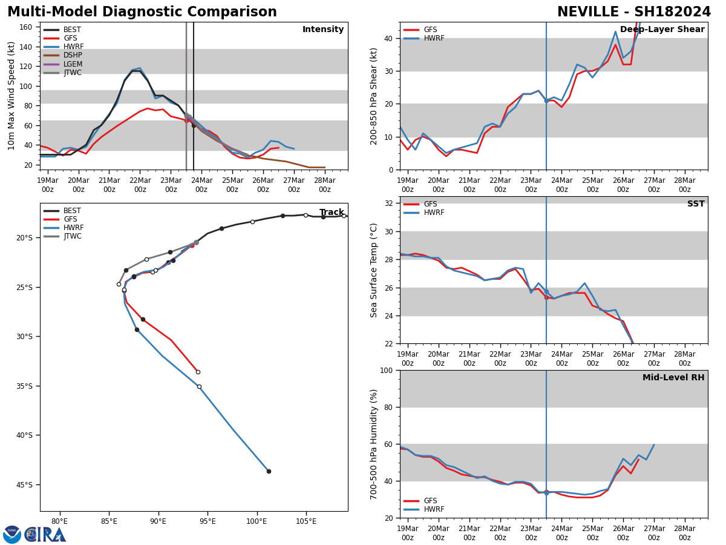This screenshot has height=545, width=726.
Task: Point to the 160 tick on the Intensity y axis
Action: [25, 27]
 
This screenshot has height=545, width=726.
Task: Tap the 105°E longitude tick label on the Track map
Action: [306, 521]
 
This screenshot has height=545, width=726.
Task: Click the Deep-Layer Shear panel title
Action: [662, 30]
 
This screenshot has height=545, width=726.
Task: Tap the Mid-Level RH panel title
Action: [673, 378]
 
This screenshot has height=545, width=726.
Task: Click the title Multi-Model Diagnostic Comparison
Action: [142, 12]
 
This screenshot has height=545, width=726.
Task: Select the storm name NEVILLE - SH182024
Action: [633, 12]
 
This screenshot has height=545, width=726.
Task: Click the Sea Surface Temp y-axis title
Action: [374, 270]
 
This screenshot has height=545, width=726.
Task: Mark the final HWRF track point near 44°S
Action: [269, 471]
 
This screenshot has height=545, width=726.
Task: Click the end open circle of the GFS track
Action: [198, 372]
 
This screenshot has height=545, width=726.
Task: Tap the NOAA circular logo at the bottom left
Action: [12, 534]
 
